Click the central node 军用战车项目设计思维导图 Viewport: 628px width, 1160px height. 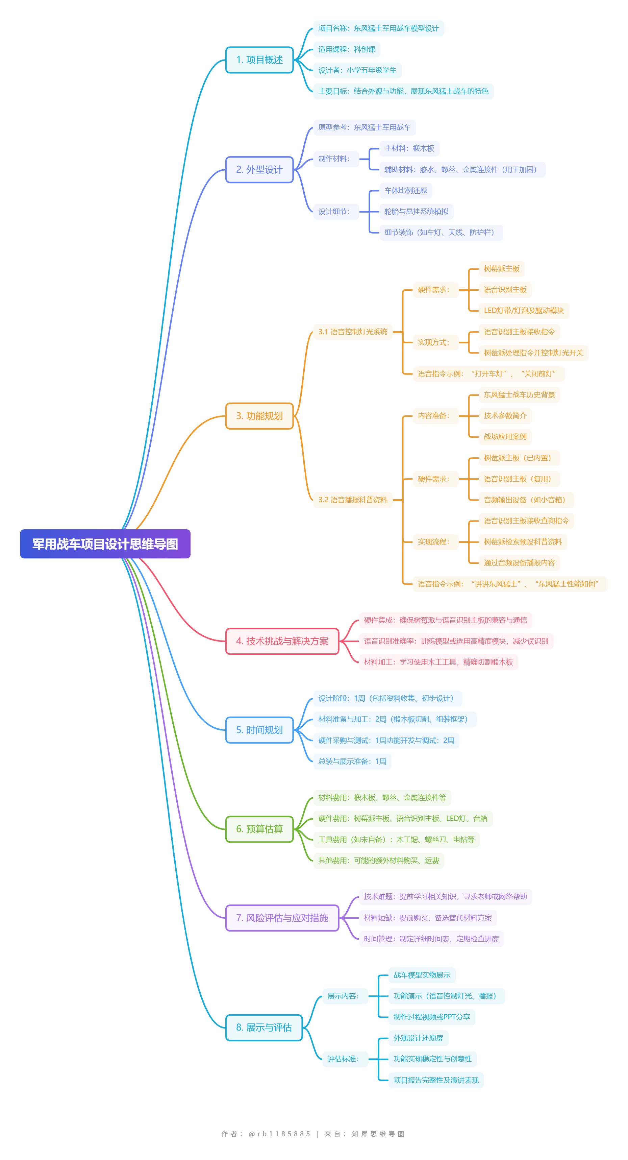pos(105,543)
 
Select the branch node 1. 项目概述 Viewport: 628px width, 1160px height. pos(259,60)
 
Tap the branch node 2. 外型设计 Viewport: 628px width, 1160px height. pos(259,170)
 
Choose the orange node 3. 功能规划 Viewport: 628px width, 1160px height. pos(259,416)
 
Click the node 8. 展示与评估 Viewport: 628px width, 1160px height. pos(264,1028)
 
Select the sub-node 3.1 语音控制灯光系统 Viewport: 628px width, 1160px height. pos(353,332)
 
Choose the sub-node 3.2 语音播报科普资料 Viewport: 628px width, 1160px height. pos(353,500)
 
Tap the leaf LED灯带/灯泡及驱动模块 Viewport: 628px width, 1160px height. pos(524,311)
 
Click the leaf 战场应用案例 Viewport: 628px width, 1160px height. pos(505,437)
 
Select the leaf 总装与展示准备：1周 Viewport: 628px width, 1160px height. pos(352,762)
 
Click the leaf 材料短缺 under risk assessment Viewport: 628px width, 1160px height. pos(428,918)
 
